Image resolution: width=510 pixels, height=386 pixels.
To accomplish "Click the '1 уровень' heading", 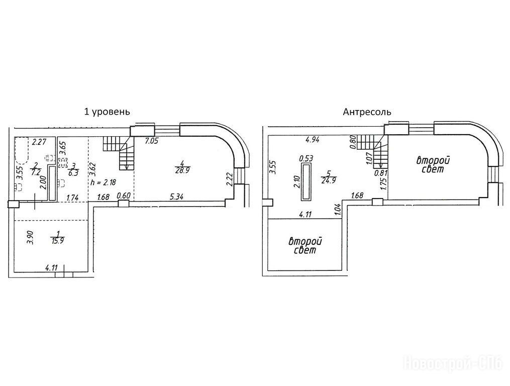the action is click(x=107, y=112).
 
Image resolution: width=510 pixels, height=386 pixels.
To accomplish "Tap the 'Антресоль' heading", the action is click(x=367, y=112).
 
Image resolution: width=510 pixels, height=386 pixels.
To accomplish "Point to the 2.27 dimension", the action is click(x=40, y=142).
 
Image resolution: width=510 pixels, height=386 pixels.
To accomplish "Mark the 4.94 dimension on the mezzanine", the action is click(x=313, y=140).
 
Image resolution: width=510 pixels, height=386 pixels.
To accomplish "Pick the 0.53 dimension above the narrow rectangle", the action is click(x=305, y=158).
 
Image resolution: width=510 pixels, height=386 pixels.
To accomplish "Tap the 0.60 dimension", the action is click(x=123, y=196).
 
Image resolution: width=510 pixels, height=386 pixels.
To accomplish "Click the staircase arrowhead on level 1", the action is click(x=126, y=167).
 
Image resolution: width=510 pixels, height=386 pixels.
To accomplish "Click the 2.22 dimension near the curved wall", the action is click(x=229, y=179).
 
